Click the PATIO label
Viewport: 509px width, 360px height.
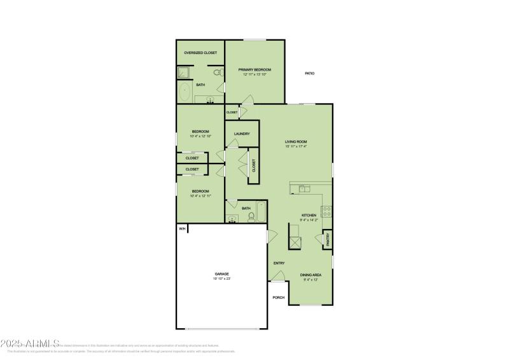tap(309, 74)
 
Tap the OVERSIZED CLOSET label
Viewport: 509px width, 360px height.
tap(200, 53)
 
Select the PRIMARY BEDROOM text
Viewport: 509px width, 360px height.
tap(254, 69)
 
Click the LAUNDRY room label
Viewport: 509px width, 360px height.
tap(242, 134)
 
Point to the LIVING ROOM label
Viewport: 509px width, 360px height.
tap(296, 142)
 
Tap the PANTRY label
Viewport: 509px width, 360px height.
tap(328, 239)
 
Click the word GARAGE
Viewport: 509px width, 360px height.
tap(221, 274)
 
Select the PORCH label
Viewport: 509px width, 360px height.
tap(278, 297)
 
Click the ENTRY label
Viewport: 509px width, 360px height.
tap(279, 263)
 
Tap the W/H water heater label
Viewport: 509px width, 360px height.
tap(181, 228)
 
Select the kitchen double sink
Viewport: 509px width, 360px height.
tap(304, 188)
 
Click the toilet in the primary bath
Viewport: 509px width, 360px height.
tap(218, 73)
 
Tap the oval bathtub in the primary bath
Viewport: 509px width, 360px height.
tap(185, 93)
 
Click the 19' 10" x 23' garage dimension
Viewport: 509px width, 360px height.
tap(221, 279)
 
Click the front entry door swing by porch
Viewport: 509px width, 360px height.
tap(277, 275)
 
